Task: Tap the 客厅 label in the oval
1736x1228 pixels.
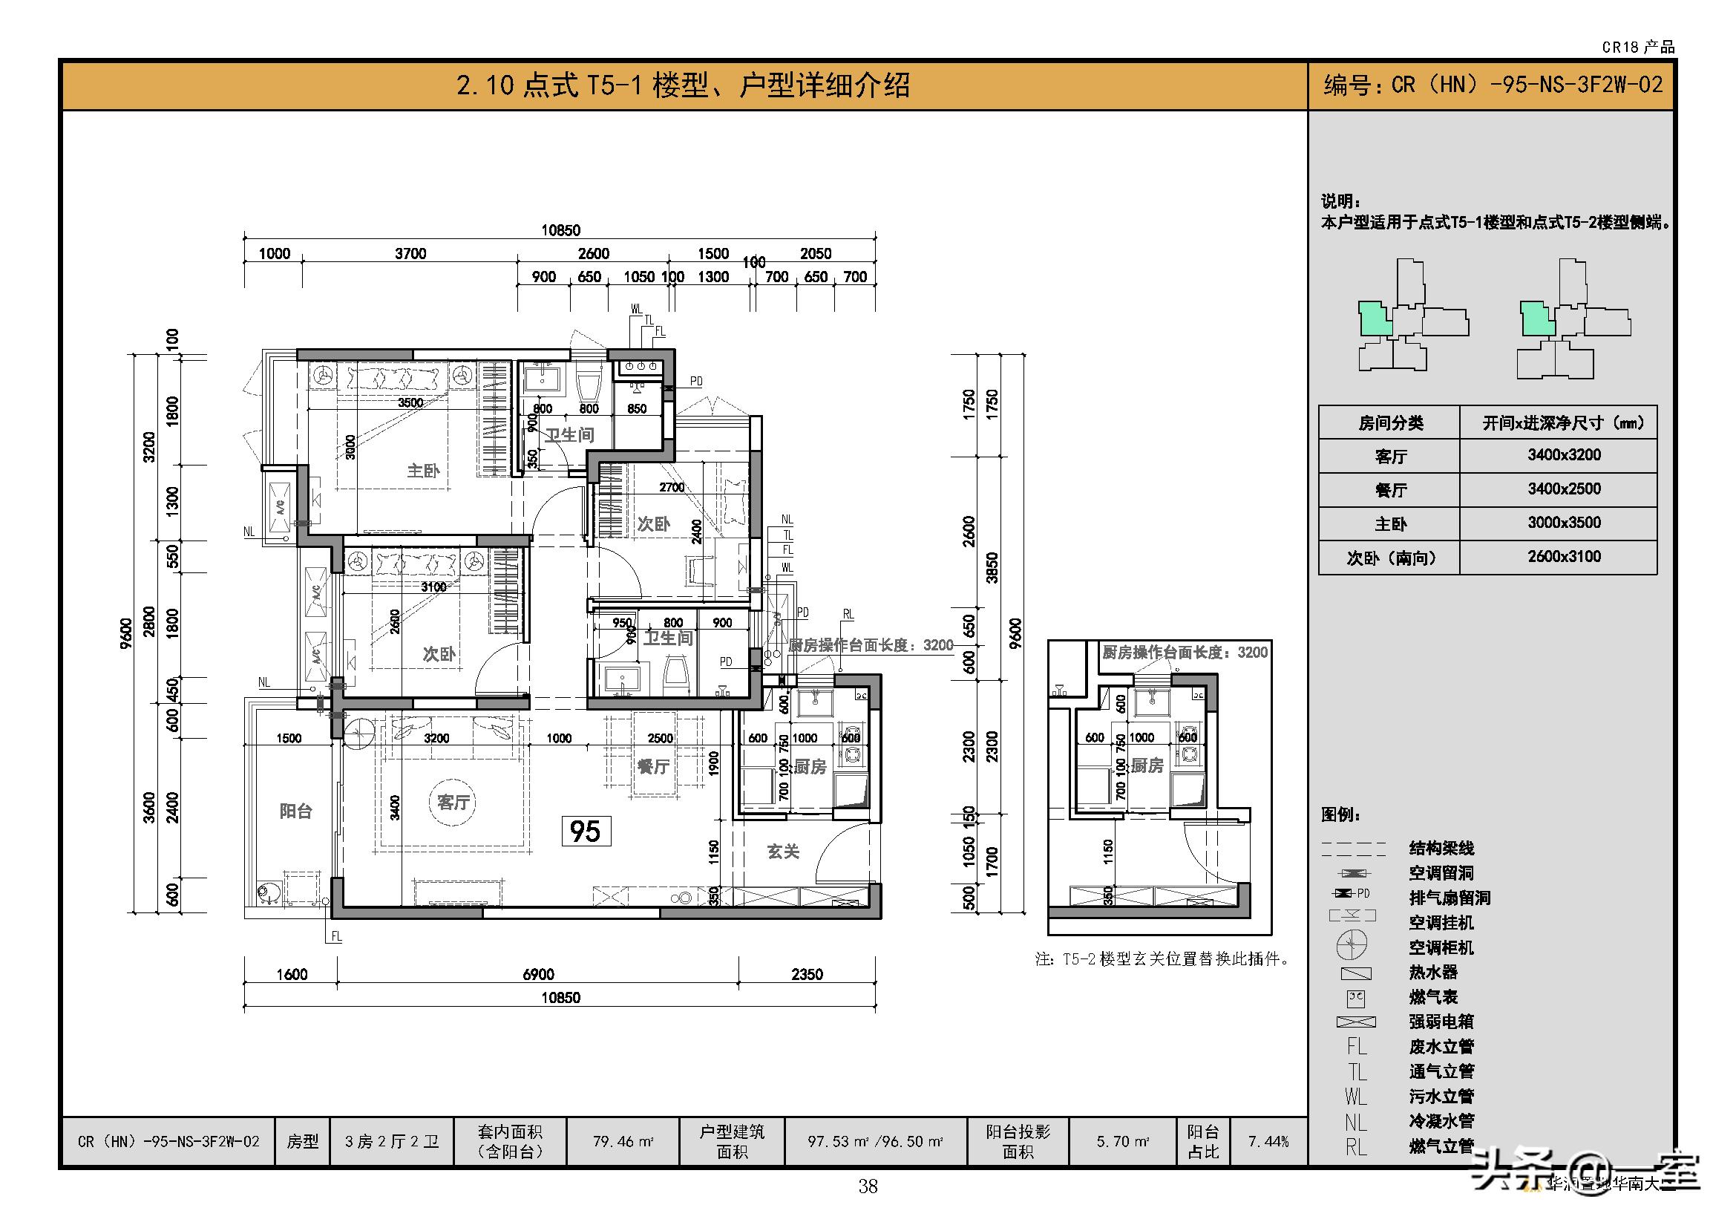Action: [x=453, y=802]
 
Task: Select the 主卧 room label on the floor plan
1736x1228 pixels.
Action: [x=422, y=470]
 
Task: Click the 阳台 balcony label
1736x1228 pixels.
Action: [x=295, y=811]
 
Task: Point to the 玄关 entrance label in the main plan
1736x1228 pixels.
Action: [x=782, y=852]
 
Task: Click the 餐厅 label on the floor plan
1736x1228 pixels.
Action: [x=652, y=766]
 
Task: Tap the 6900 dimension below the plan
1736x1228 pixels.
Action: [x=538, y=974]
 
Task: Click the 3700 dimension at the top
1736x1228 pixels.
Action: [x=410, y=253]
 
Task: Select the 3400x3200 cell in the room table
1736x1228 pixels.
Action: [x=1564, y=454]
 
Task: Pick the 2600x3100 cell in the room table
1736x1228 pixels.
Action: [x=1564, y=557]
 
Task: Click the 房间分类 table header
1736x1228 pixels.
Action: [x=1389, y=422]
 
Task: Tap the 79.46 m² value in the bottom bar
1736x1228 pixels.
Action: [x=623, y=1141]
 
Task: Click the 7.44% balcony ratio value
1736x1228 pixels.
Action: [x=1268, y=1141]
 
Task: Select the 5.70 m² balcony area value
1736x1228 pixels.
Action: [x=1123, y=1141]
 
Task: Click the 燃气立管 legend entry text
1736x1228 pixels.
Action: [x=1441, y=1146]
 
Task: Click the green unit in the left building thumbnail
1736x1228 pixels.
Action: [x=1375, y=319]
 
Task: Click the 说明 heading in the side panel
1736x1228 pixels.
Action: [x=1340, y=201]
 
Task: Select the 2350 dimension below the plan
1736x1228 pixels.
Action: [x=807, y=974]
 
